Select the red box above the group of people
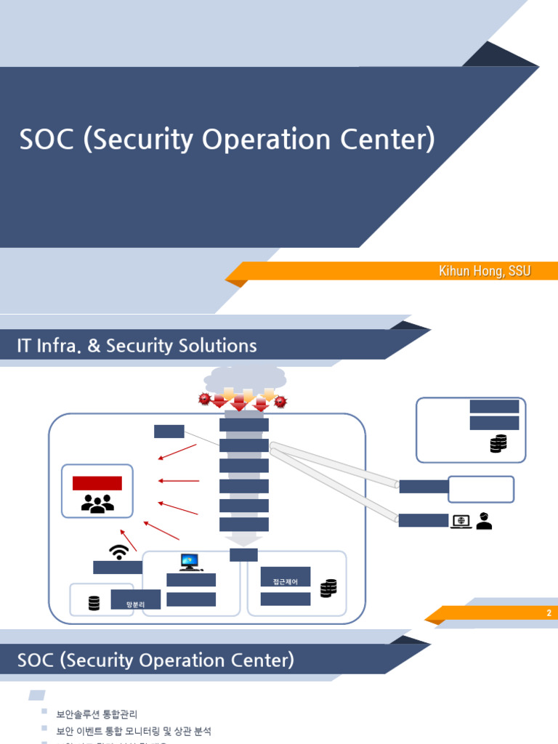tap(97, 483)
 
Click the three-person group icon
tap(97, 503)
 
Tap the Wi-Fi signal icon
tap(118, 551)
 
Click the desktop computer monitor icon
tap(189, 562)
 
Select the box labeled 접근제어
tap(286, 581)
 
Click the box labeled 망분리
tap(135, 602)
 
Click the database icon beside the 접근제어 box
tap(328, 588)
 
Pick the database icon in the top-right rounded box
tap(498, 443)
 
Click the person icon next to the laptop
tap(484, 520)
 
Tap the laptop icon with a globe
tap(461, 521)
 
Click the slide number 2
tap(549, 613)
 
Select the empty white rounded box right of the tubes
tap(481, 489)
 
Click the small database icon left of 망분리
tap(94, 603)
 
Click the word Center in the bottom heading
tap(259, 660)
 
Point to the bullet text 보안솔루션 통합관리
tap(97, 714)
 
